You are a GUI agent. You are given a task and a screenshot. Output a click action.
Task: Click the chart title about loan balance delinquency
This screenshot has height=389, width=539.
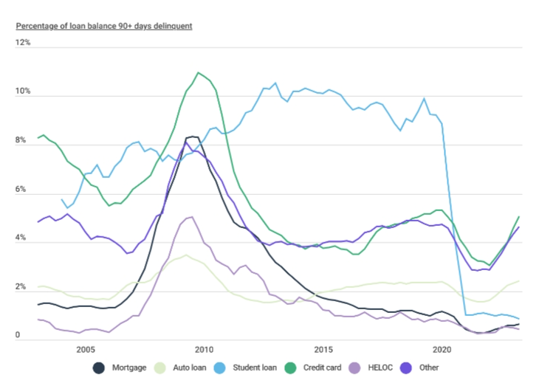pos(104,26)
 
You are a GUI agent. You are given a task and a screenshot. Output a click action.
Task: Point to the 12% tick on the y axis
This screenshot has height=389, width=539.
pos(24,43)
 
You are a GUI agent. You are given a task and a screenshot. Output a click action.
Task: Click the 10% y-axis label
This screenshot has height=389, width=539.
pos(24,92)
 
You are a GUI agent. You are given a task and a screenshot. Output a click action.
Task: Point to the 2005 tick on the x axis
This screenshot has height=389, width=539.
pos(85,349)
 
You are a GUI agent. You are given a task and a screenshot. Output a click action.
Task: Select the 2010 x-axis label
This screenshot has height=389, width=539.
pos(204,349)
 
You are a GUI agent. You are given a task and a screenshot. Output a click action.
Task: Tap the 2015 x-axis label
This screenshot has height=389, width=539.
pos(323,349)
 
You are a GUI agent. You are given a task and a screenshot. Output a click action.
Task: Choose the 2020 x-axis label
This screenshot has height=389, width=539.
pos(442,349)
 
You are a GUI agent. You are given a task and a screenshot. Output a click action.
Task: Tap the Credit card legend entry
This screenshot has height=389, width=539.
pos(315,367)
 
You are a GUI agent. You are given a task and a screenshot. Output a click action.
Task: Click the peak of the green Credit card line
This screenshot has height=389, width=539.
pos(198,72)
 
